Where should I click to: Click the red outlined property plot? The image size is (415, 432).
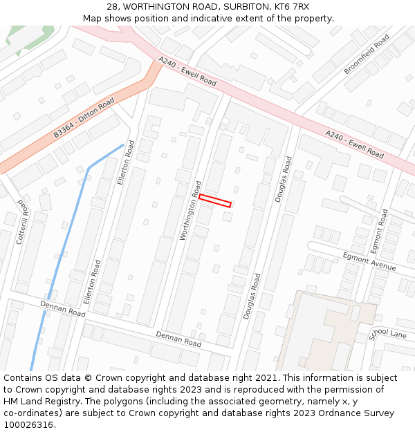click(215, 200)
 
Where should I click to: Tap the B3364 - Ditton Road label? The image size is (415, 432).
click(84, 117)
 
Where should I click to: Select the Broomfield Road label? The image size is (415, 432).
click(367, 53)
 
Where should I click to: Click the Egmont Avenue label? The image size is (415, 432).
click(369, 261)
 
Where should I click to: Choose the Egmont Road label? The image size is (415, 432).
click(380, 230)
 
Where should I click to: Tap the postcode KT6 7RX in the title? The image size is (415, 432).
click(293, 7)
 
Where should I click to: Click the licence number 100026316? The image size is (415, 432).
click(29, 424)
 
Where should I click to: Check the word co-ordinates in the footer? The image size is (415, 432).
click(30, 413)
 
